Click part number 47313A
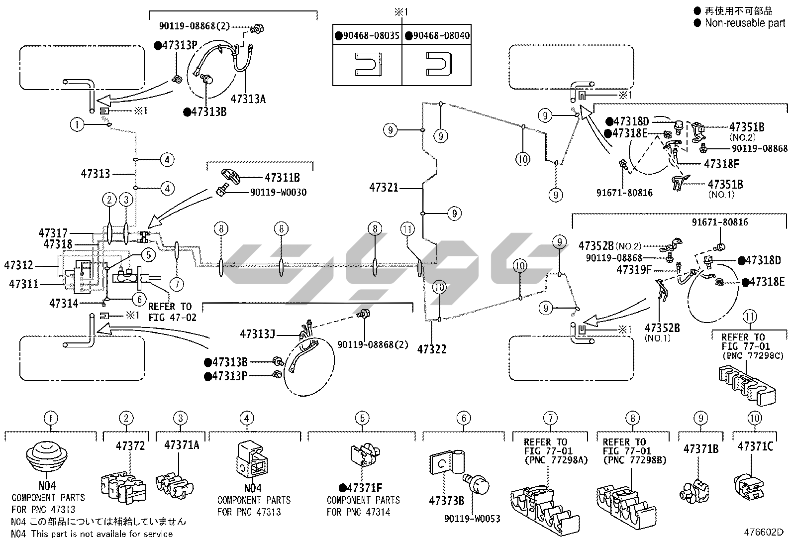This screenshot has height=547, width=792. click(248, 99)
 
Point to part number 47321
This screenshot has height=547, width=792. click(384, 188)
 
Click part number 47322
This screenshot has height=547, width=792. click(432, 349)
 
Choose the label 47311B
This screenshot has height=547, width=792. click(282, 177)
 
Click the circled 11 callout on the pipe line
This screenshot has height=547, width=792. click(407, 229)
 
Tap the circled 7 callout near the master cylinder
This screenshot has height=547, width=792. click(176, 284)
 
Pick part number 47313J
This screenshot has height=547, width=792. click(257, 333)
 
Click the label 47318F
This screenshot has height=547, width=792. click(721, 163)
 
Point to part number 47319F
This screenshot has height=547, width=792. click(634, 270)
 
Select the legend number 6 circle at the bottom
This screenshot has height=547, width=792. click(464, 418)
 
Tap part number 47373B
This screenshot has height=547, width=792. click(446, 500)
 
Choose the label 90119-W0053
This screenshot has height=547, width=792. click(472, 519)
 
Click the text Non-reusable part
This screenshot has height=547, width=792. click(745, 22)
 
